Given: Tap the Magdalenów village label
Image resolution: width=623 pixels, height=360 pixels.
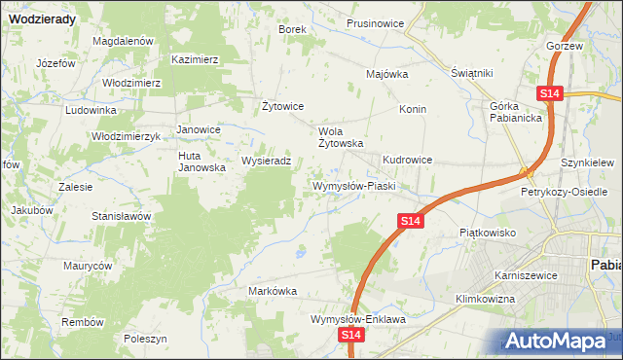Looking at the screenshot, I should [124, 42].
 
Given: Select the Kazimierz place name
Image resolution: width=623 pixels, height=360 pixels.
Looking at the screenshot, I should [195, 59].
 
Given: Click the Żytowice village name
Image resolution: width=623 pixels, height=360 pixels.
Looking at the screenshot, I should [284, 106].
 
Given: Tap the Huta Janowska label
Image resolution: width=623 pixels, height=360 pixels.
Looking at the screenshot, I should [202, 161].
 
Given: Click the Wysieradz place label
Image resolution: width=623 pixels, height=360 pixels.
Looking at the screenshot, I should [266, 161].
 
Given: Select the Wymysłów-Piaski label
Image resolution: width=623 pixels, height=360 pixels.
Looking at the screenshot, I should [351, 186].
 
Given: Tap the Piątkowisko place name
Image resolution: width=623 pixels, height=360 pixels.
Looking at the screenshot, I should [487, 234].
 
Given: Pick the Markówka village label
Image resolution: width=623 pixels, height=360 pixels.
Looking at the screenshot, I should [273, 291].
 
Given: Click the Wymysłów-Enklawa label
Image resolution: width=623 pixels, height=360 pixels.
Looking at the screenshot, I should [357, 319].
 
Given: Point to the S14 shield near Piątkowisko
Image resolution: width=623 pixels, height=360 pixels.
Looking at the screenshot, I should [411, 223].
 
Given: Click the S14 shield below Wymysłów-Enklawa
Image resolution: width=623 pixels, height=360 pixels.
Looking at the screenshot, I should [353, 336].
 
